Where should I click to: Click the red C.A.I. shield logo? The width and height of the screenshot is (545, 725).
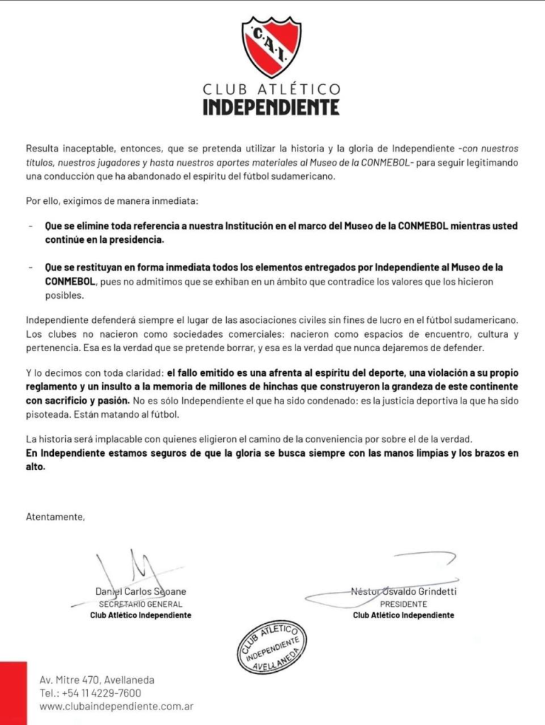pos(271,47)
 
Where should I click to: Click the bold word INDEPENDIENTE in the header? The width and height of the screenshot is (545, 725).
pos(271,107)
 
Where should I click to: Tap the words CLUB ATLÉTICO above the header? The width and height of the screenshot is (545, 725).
pos(271,89)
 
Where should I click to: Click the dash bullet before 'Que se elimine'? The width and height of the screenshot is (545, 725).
pos(30,227)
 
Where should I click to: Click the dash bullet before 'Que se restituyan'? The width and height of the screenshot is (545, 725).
pos(30,268)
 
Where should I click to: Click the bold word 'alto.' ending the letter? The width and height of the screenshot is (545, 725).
pos(35,467)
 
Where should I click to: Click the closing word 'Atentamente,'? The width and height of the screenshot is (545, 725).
pos(55,516)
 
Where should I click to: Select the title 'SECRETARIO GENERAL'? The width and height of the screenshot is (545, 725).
pos(140,604)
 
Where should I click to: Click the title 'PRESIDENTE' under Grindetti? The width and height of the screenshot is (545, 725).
pos(403,604)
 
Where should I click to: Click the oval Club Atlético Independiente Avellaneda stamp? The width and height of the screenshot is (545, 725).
pos(272,646)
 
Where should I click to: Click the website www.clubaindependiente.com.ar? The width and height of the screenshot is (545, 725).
pos(116,707)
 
